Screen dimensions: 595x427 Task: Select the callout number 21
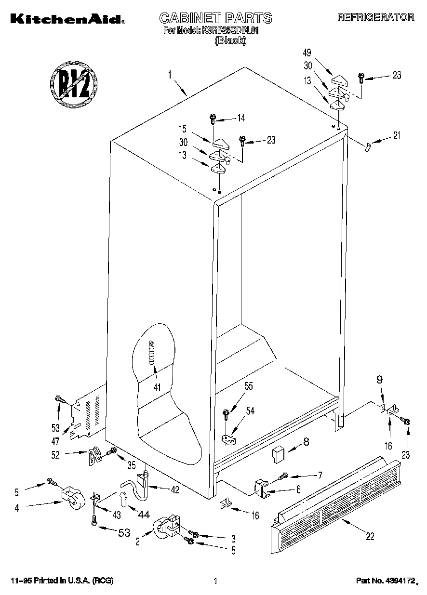396,136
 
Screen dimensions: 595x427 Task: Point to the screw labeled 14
213,119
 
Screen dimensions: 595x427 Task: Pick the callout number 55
248,386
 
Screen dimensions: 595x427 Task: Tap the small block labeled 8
278,453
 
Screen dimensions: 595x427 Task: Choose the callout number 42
174,490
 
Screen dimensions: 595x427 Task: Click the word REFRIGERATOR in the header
375,17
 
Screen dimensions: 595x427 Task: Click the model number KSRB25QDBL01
232,30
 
